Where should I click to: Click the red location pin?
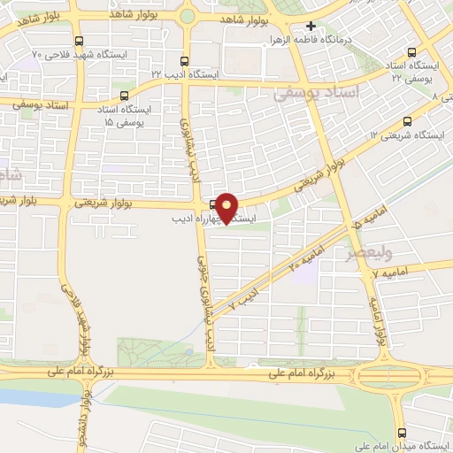227,207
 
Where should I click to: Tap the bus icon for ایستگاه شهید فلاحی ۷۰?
80,41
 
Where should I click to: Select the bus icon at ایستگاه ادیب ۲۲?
184,61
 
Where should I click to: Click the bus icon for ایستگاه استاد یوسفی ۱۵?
123,96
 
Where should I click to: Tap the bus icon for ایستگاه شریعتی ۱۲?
407,121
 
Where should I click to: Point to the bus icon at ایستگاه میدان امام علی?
403,434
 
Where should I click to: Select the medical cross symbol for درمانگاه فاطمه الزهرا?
311,26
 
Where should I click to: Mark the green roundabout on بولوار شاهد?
188,16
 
